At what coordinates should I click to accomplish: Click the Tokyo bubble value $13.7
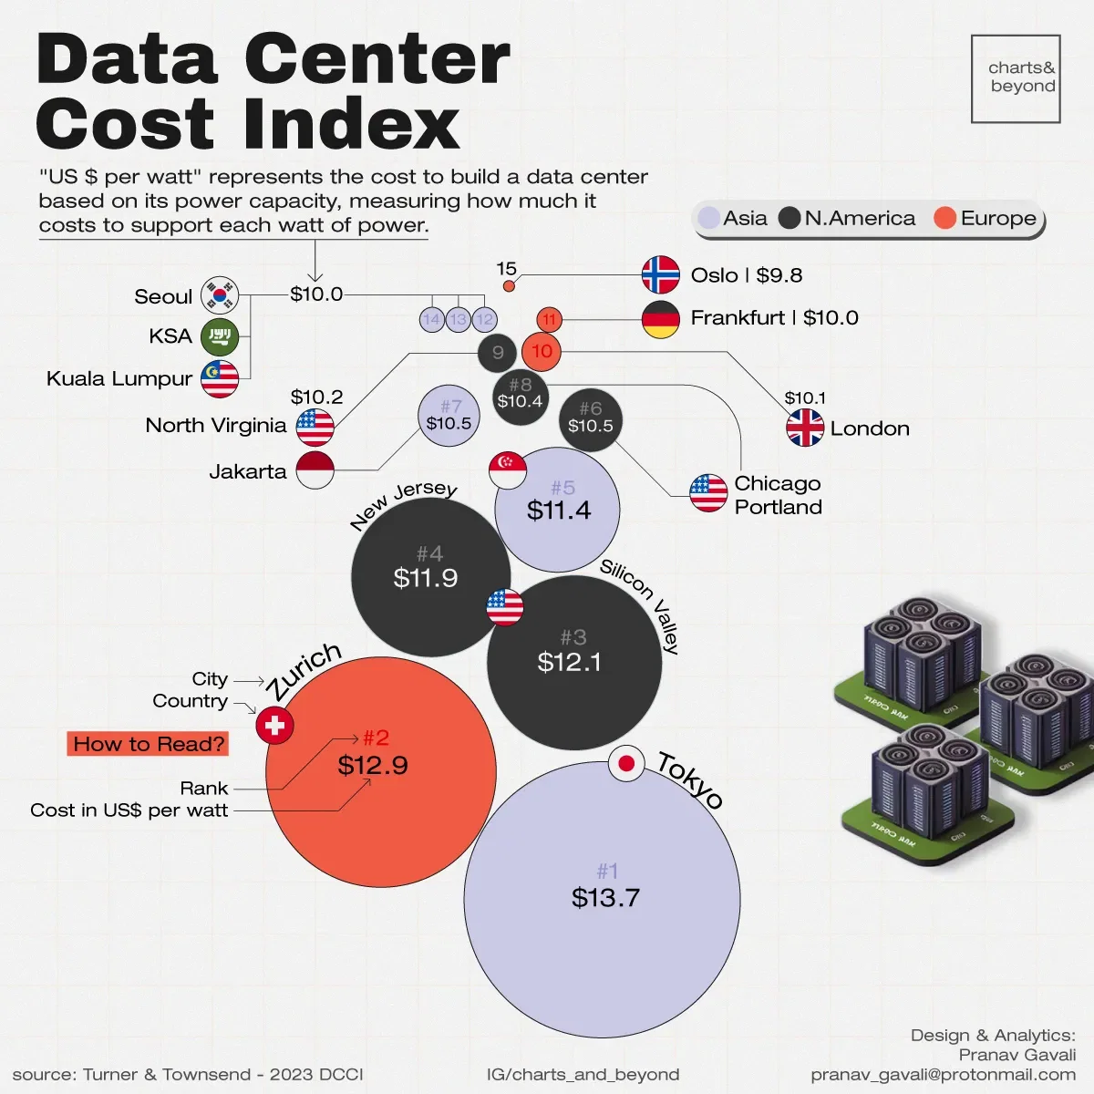pyautogui.click(x=605, y=898)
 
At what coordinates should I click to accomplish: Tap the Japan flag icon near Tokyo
pyautogui.click(x=626, y=764)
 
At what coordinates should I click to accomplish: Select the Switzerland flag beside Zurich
pyautogui.click(x=274, y=726)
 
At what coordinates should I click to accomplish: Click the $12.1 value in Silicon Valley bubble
pyautogui.click(x=569, y=662)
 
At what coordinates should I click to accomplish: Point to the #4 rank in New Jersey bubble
pyautogui.click(x=429, y=553)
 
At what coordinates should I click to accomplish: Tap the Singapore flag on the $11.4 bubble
pyautogui.click(x=508, y=470)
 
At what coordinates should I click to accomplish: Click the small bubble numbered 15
pyautogui.click(x=509, y=286)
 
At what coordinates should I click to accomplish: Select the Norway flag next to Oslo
pyautogui.click(x=661, y=275)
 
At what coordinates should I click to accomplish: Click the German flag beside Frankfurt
pyautogui.click(x=661, y=319)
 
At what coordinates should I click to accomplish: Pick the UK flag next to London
pyautogui.click(x=805, y=428)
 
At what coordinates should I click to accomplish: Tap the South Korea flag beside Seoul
pyautogui.click(x=220, y=295)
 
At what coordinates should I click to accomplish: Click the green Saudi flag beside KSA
pyautogui.click(x=220, y=336)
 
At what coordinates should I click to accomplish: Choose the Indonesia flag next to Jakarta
pyautogui.click(x=315, y=470)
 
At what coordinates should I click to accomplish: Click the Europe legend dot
pyautogui.click(x=945, y=219)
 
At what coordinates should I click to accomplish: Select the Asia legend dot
pyautogui.click(x=708, y=219)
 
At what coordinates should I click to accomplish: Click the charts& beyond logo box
pyautogui.click(x=1016, y=78)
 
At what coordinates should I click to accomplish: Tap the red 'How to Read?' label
pyautogui.click(x=148, y=744)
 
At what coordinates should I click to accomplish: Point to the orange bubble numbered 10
pyautogui.click(x=542, y=352)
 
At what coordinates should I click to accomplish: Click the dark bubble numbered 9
pyautogui.click(x=497, y=353)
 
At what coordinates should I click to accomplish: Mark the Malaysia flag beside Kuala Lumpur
pyautogui.click(x=220, y=379)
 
